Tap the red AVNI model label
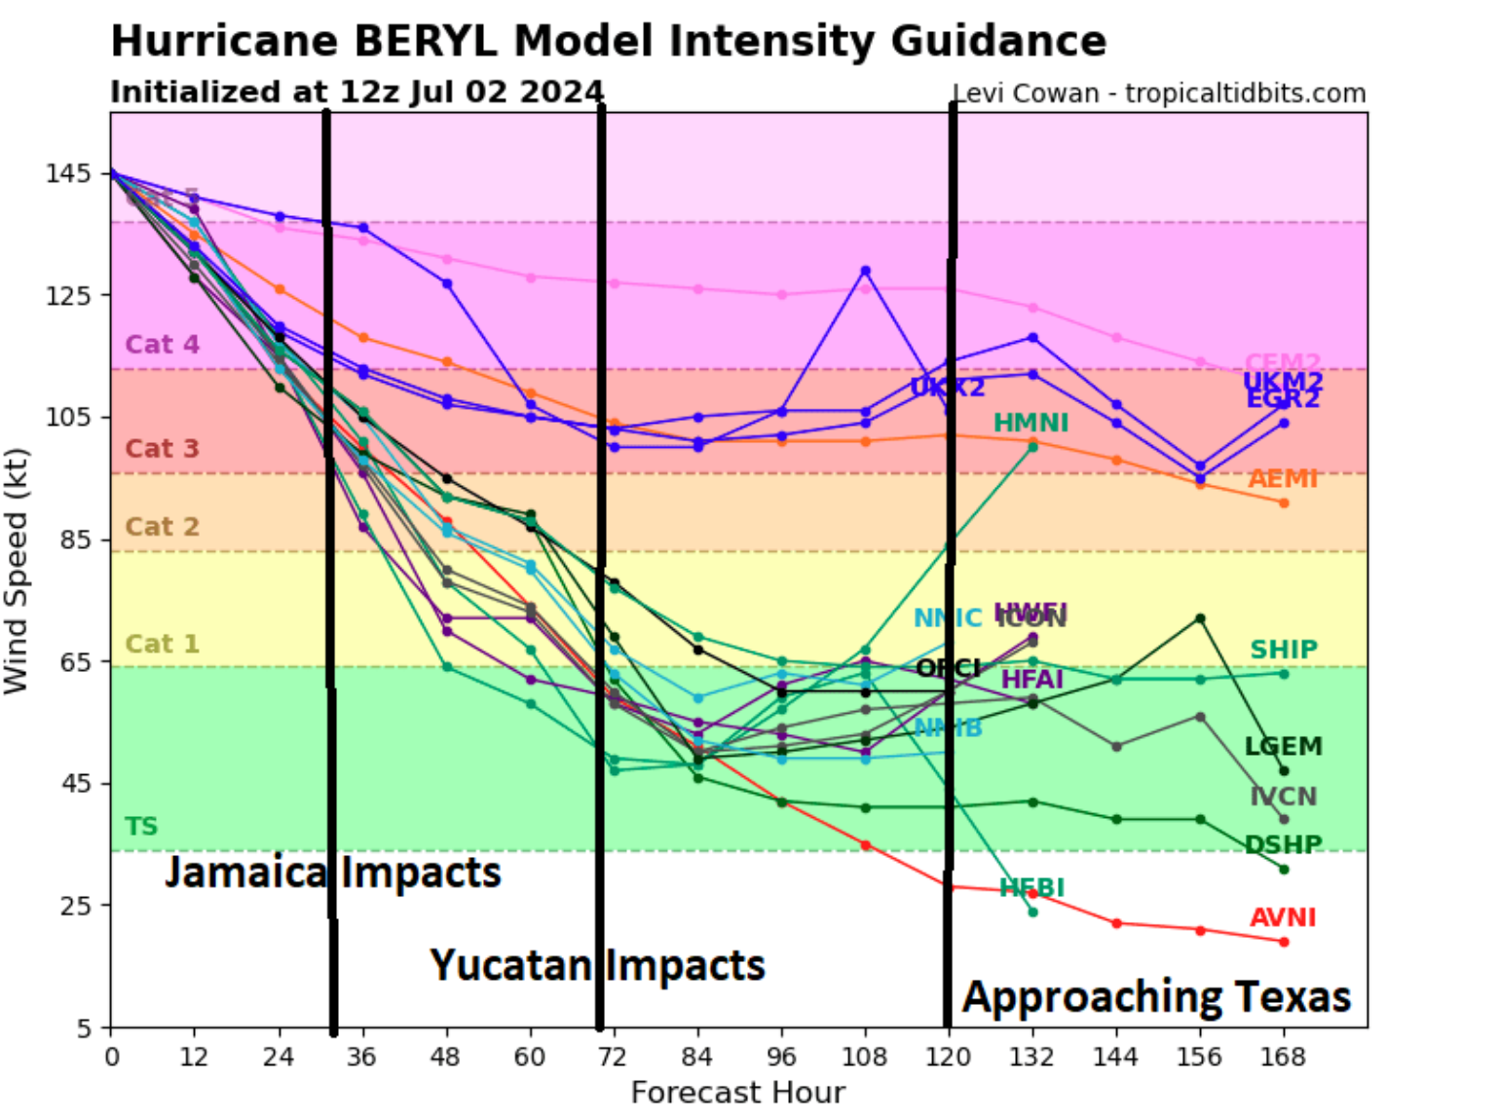[1283, 917]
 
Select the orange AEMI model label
[1283, 478]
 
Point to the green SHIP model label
[1284, 649]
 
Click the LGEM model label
[1283, 746]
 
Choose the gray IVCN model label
[1283, 796]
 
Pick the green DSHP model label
[1283, 844]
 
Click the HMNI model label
[1031, 423]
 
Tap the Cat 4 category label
[162, 344]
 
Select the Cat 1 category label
[162, 644]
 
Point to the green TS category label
[141, 826]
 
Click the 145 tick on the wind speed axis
[67, 173]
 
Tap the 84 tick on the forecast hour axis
[697, 1057]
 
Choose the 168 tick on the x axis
[1283, 1057]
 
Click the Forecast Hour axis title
[737, 1093]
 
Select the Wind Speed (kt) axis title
[17, 571]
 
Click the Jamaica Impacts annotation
[332, 873]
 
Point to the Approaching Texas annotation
[1156, 997]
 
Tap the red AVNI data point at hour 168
[1284, 942]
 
